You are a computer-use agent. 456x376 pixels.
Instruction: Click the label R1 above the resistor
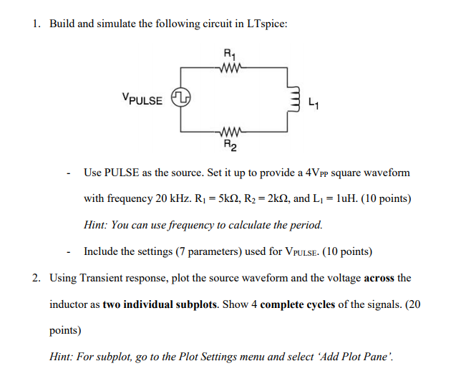(x=228, y=54)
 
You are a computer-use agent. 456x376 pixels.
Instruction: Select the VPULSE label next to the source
(x=142, y=98)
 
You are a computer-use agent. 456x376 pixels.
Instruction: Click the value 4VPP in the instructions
(x=317, y=173)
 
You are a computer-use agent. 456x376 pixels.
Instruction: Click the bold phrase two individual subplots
(x=160, y=304)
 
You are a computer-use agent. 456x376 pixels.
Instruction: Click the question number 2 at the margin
(x=36, y=277)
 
